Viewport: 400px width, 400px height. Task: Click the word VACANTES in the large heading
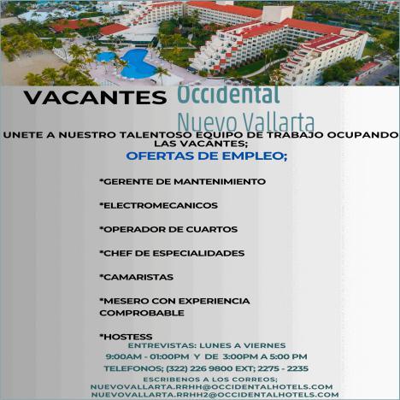pos(95,97)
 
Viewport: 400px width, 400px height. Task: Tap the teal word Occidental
pos(228,94)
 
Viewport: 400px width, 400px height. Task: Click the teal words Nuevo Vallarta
pos(246,121)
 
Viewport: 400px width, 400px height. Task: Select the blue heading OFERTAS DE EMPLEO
pos(207,156)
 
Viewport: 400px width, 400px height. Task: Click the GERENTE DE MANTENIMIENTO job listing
pos(183,181)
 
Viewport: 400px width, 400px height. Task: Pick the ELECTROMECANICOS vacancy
pos(158,205)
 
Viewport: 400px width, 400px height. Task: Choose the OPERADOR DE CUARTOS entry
pos(168,229)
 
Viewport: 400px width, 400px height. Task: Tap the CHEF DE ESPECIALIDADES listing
pos(172,253)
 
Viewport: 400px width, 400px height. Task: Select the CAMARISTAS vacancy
pos(136,277)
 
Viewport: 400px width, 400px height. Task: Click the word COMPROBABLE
pos(142,313)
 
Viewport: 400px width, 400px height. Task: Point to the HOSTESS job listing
pos(126,337)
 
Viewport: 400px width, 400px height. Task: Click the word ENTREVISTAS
pos(161,345)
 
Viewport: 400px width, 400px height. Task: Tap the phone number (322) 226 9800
pos(197,368)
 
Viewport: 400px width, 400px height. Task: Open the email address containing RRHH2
pos(215,395)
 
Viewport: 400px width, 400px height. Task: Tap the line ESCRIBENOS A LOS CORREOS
pos(210,379)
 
